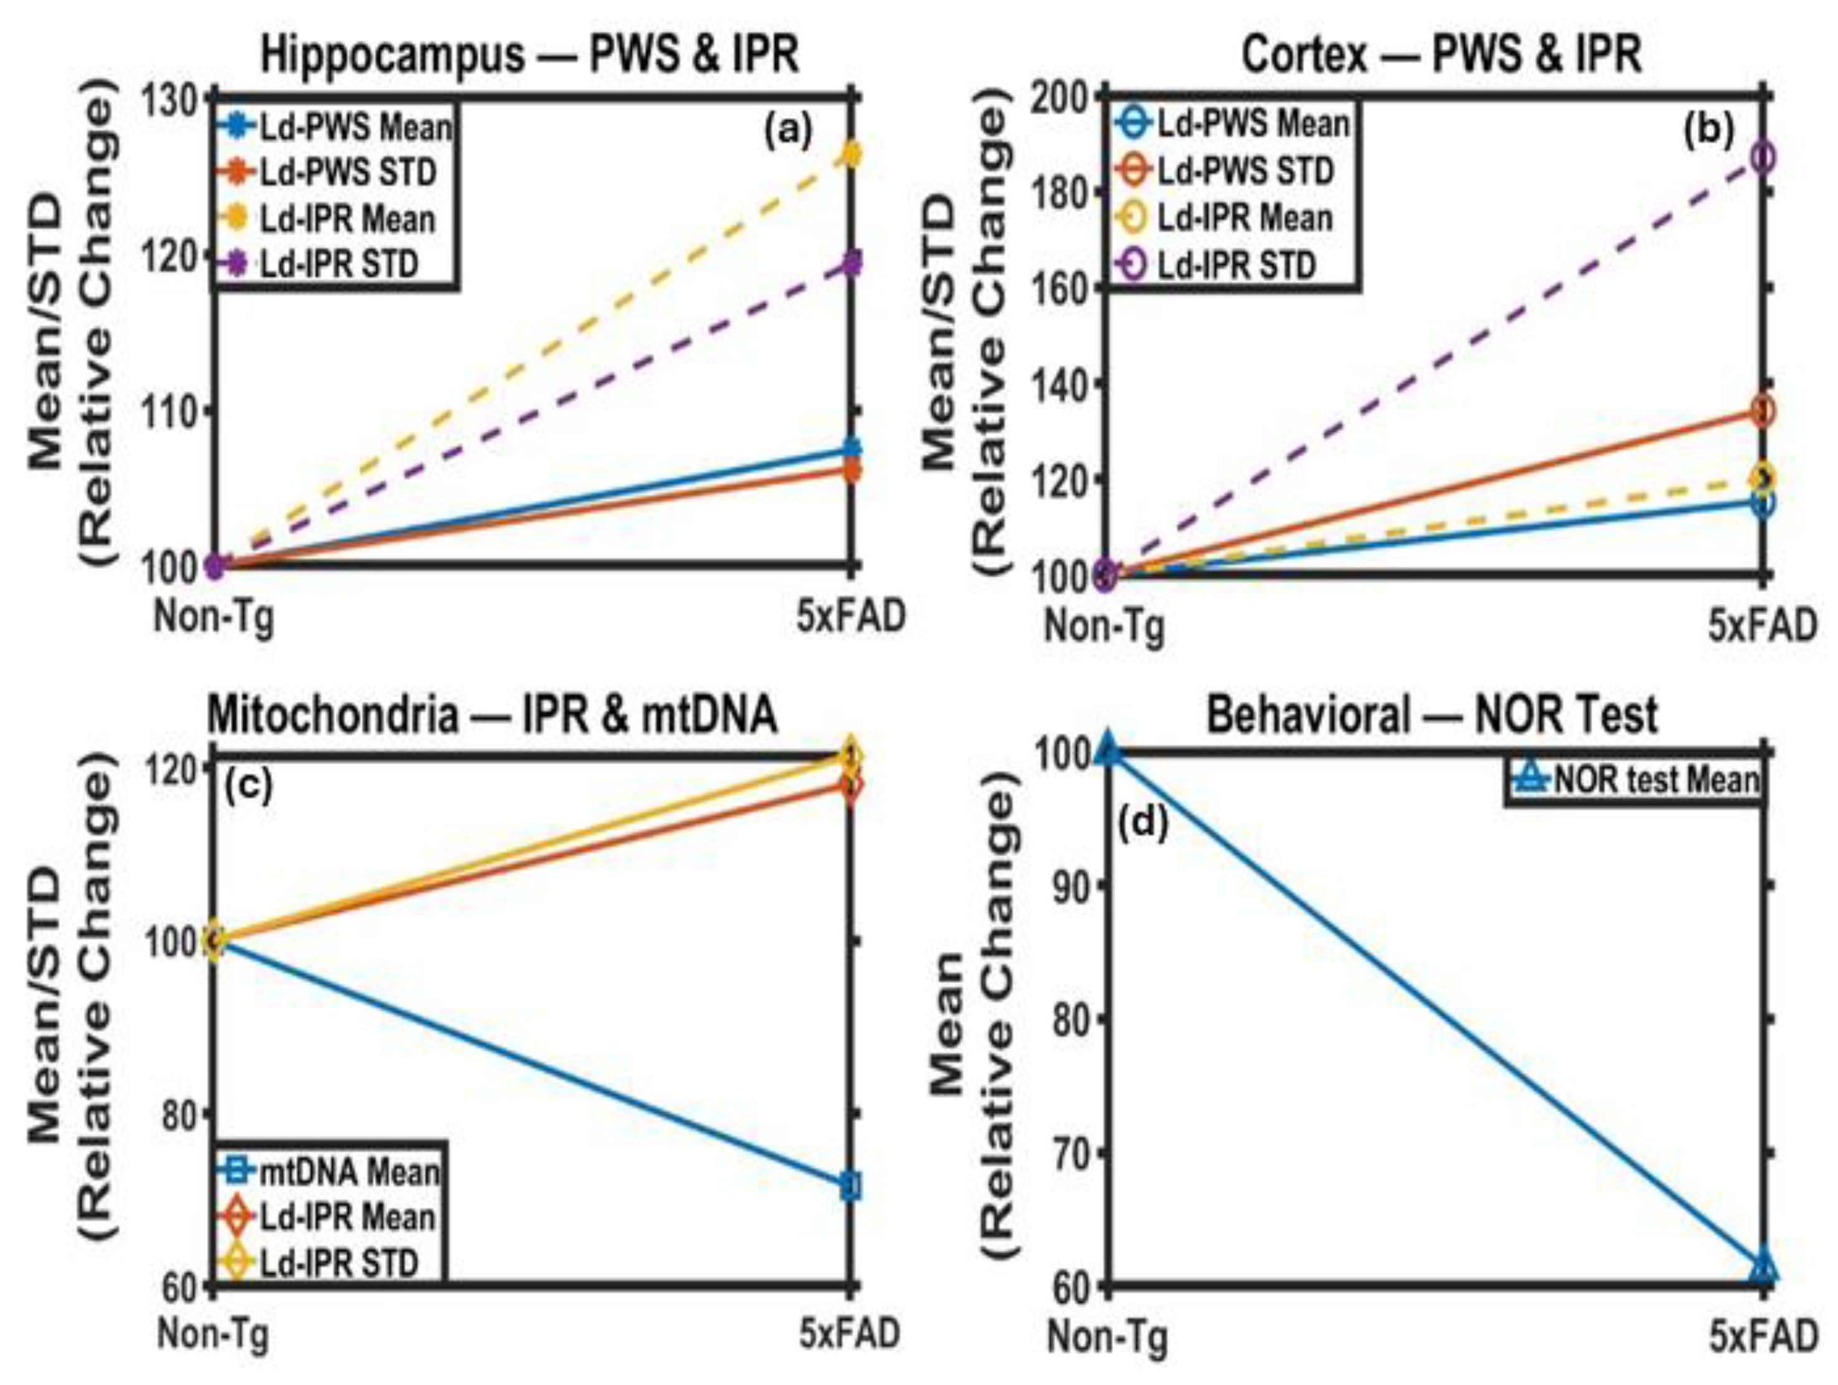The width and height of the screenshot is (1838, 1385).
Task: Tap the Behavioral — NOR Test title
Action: click(x=1431, y=715)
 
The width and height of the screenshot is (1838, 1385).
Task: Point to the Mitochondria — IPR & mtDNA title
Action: click(x=492, y=715)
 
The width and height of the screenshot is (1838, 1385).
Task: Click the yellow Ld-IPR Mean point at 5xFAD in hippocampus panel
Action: click(x=851, y=153)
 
